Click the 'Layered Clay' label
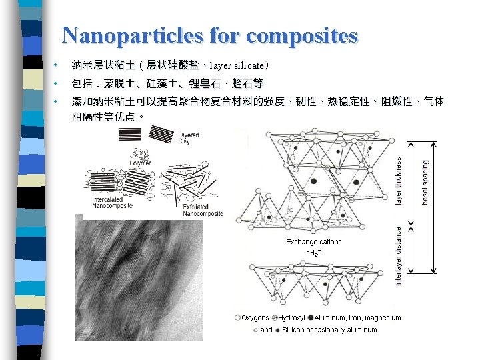point(189,138)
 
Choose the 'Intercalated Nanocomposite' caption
point(112,203)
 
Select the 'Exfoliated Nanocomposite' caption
point(203,210)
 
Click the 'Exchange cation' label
point(314,241)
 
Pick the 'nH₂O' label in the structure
point(314,253)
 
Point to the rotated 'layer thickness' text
point(399,181)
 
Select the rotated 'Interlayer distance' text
point(399,256)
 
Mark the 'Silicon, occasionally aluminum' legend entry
point(333,329)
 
